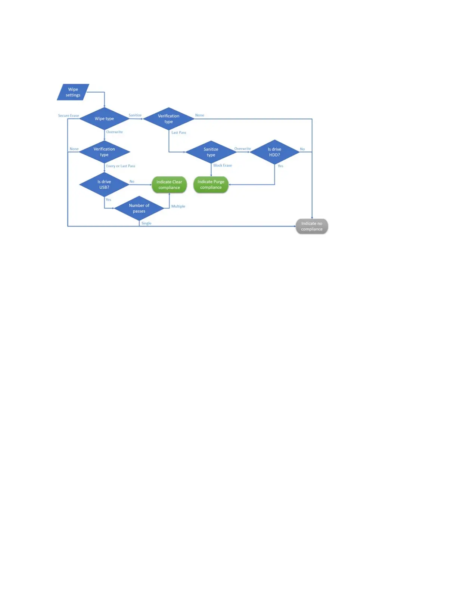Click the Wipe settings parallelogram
[73, 92]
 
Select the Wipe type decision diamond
[104, 119]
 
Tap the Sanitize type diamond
[211, 152]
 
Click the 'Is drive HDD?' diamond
[274, 152]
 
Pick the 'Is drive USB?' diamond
[104, 185]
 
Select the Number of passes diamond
[139, 209]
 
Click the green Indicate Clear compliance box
[169, 185]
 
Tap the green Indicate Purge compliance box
[211, 185]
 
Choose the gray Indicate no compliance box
[312, 226]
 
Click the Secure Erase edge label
[68, 115]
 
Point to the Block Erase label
[223, 165]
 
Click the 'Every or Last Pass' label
[121, 166]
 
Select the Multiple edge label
[178, 206]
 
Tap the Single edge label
[146, 223]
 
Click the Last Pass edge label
[178, 132]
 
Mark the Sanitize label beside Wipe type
[135, 115]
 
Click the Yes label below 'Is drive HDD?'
[280, 166]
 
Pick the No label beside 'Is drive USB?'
[132, 182]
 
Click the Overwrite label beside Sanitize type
[243, 149]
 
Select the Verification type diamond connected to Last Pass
[169, 119]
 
